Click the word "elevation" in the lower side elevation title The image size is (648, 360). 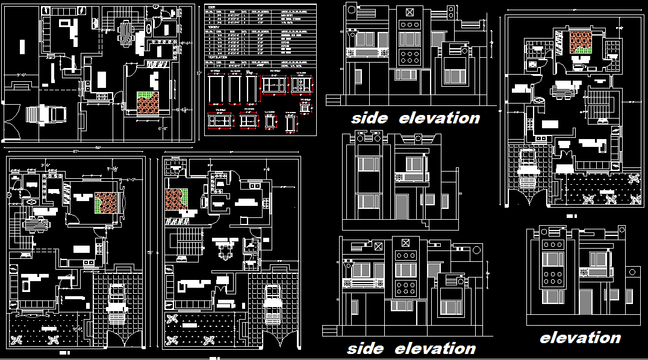tap(435, 349)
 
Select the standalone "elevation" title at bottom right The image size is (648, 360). tap(580, 338)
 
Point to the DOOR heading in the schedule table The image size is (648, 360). tap(211, 7)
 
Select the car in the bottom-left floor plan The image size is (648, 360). tap(117, 301)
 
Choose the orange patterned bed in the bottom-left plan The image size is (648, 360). tap(108, 203)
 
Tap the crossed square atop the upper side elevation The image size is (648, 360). tap(410, 12)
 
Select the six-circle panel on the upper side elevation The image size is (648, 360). tap(410, 57)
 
